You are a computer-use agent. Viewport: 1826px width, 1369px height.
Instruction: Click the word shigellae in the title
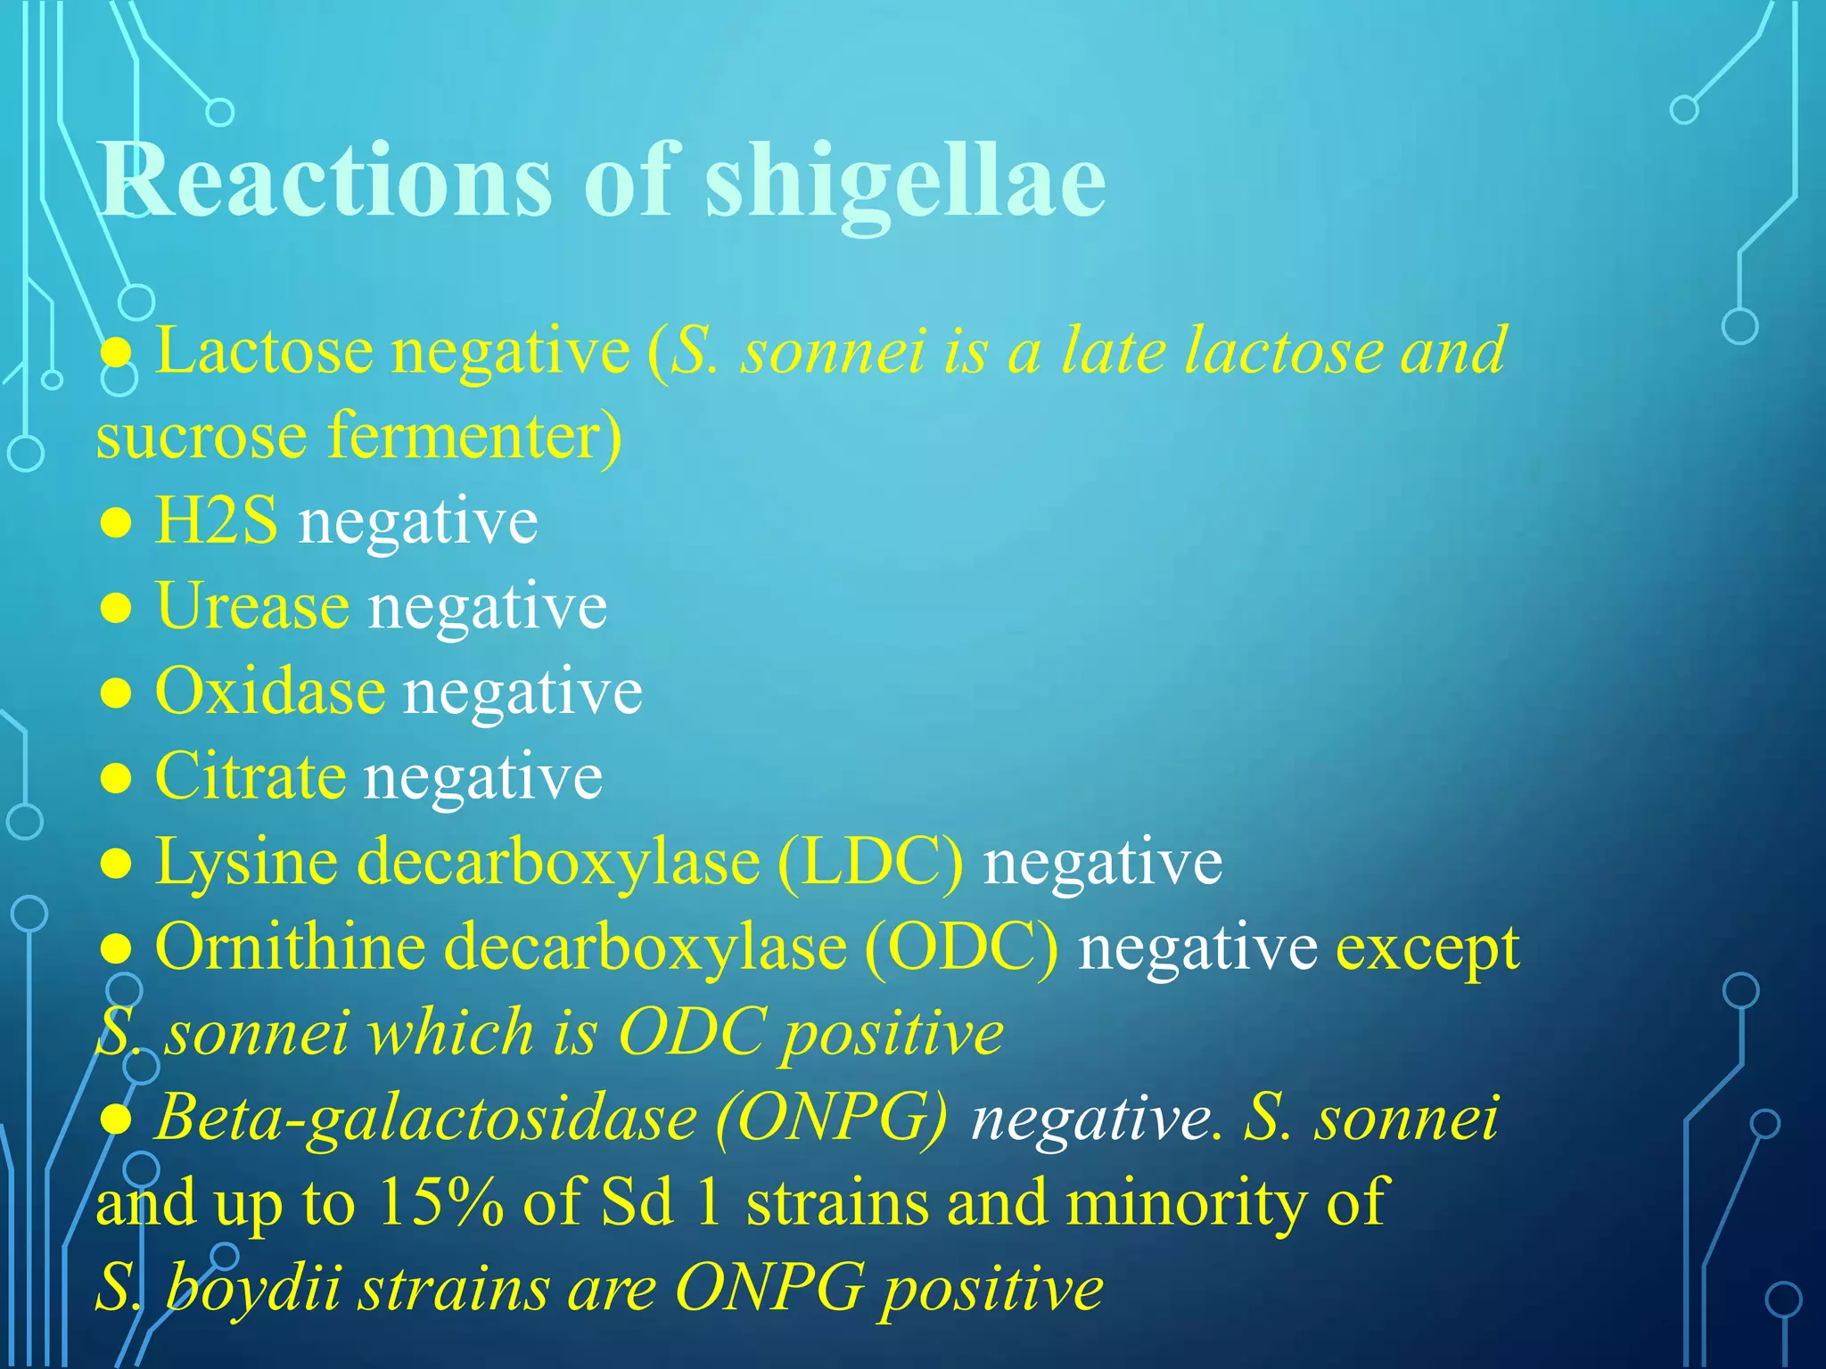point(905,180)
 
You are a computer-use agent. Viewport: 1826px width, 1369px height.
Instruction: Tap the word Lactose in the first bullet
point(264,350)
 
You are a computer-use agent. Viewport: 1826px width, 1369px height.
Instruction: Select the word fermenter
point(474,437)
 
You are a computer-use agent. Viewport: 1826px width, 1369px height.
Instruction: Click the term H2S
point(216,521)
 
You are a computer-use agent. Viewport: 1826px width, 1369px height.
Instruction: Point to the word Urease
point(252,606)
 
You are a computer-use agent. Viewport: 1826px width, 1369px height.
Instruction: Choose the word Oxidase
point(270,692)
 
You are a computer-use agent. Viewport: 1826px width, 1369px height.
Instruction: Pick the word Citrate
point(251,776)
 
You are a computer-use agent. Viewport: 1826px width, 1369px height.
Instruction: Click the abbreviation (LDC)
point(870,862)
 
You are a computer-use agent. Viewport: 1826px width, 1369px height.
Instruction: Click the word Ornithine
point(290,947)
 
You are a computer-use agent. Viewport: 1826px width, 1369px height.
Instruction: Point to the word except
point(1427,948)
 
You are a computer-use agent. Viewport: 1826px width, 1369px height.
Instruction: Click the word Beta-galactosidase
point(425,1118)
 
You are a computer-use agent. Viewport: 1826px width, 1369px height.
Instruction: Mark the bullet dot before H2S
point(116,523)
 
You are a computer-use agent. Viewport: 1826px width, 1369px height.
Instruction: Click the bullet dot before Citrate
point(116,779)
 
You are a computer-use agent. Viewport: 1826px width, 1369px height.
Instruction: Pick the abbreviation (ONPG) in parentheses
point(831,1118)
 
